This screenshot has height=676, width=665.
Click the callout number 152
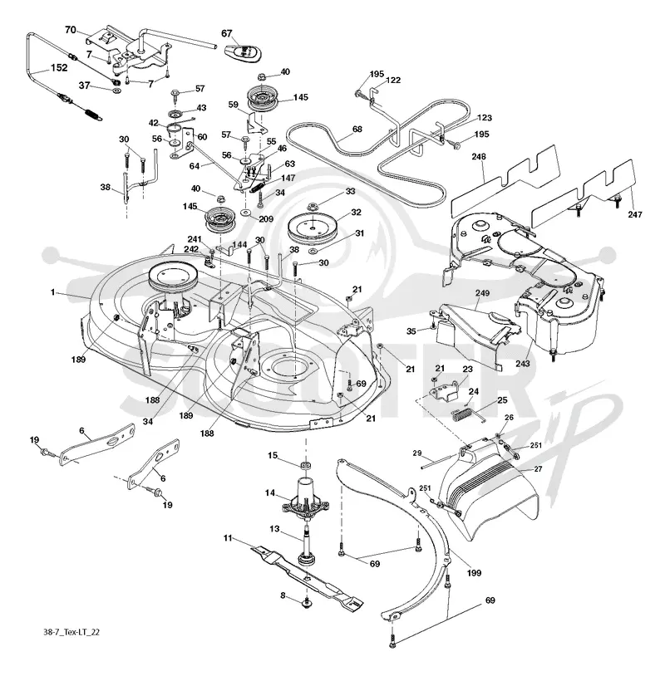[x=59, y=68]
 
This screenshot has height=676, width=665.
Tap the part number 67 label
[x=227, y=33]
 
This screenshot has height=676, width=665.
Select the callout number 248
[x=479, y=156]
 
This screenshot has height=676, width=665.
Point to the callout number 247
[x=635, y=214]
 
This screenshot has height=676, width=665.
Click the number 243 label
[x=523, y=364]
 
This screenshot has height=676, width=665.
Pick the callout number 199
[x=474, y=573]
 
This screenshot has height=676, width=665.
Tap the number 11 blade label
[x=228, y=538]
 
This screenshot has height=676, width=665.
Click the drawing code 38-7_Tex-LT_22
[x=71, y=632]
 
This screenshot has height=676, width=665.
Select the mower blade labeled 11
[x=307, y=578]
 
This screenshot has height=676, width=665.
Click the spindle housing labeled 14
[x=306, y=499]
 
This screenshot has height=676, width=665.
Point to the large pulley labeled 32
[x=312, y=230]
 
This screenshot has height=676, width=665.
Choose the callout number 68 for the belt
[x=357, y=129]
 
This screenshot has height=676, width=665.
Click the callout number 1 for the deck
[x=52, y=292]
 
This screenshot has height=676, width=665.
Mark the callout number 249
[x=482, y=293]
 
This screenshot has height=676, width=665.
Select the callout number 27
[x=538, y=469]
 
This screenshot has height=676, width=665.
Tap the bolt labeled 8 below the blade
[x=307, y=603]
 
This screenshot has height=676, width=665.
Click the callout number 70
[x=71, y=30]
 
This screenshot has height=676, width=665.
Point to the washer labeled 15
[x=307, y=466]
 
